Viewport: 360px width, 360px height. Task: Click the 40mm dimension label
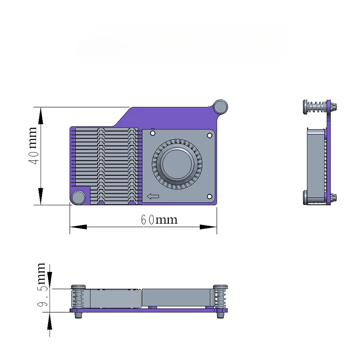click(x=33, y=146)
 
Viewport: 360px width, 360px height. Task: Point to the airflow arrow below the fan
click(x=153, y=196)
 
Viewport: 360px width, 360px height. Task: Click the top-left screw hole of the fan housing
click(x=153, y=133)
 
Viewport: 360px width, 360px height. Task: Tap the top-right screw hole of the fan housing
click(x=209, y=135)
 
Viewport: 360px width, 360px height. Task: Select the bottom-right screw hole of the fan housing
click(x=209, y=197)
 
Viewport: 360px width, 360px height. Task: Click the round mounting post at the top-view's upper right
click(x=220, y=106)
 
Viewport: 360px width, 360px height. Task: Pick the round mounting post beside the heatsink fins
click(x=78, y=197)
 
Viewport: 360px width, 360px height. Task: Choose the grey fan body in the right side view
click(x=315, y=165)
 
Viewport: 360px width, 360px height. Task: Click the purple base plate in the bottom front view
click(x=148, y=310)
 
